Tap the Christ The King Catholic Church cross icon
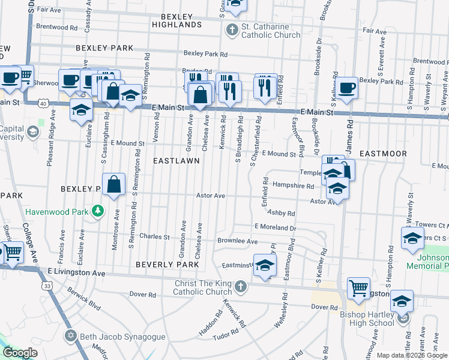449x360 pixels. tap(240, 286)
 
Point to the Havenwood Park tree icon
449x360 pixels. tap(96, 212)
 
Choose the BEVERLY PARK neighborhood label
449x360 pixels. tap(167, 264)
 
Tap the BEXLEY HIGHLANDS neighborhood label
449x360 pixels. tap(176, 20)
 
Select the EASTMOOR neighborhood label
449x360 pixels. tap(383, 154)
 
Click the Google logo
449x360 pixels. tap(20, 353)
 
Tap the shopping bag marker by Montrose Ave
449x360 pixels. tap(113, 185)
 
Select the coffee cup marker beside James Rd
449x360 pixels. tap(346, 88)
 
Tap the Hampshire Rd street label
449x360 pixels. tap(293, 186)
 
